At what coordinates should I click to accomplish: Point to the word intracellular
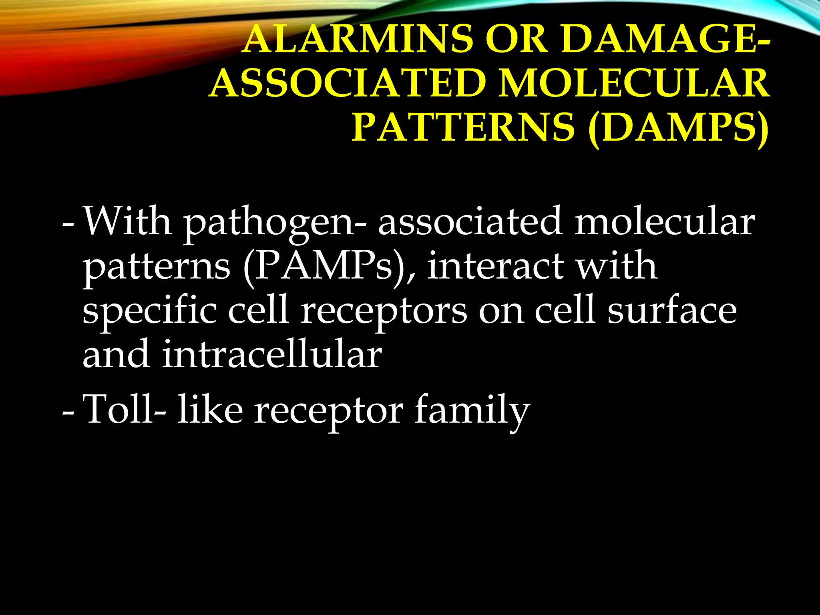(272, 354)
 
